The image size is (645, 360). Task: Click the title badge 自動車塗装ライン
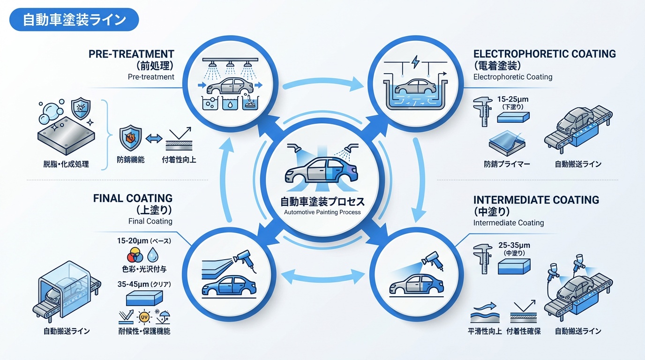[x=74, y=20]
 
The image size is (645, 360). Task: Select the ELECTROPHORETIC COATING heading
[x=544, y=53]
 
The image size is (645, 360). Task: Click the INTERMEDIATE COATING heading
[x=536, y=200]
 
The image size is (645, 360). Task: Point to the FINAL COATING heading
[x=133, y=198]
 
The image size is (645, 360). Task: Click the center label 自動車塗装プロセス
[x=322, y=202]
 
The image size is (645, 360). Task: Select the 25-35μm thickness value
[x=514, y=245]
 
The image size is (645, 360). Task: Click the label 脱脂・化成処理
[x=66, y=164]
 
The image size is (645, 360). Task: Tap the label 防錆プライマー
[x=507, y=164]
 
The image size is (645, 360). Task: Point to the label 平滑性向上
[x=485, y=331]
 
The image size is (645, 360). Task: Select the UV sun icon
[x=143, y=317]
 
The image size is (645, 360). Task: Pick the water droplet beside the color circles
[x=153, y=255]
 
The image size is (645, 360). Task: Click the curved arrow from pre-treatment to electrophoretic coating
[x=323, y=83]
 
